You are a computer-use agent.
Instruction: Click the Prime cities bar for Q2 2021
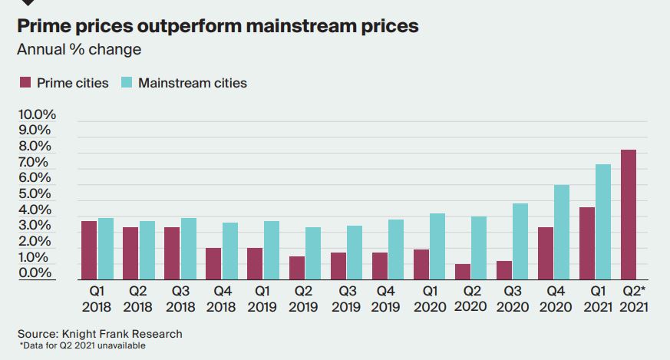(628, 215)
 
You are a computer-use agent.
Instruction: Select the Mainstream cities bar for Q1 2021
(603, 222)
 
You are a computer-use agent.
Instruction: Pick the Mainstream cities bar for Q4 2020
(562, 233)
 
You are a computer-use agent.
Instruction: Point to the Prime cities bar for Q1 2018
(89, 250)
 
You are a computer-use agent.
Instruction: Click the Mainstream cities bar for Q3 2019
(355, 253)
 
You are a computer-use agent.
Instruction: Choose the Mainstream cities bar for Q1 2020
(437, 246)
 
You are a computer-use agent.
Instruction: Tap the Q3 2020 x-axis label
(511, 299)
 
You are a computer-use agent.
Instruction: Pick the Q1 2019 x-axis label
(262, 299)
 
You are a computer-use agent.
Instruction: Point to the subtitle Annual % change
(79, 51)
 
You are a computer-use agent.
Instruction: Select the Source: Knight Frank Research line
(100, 334)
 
